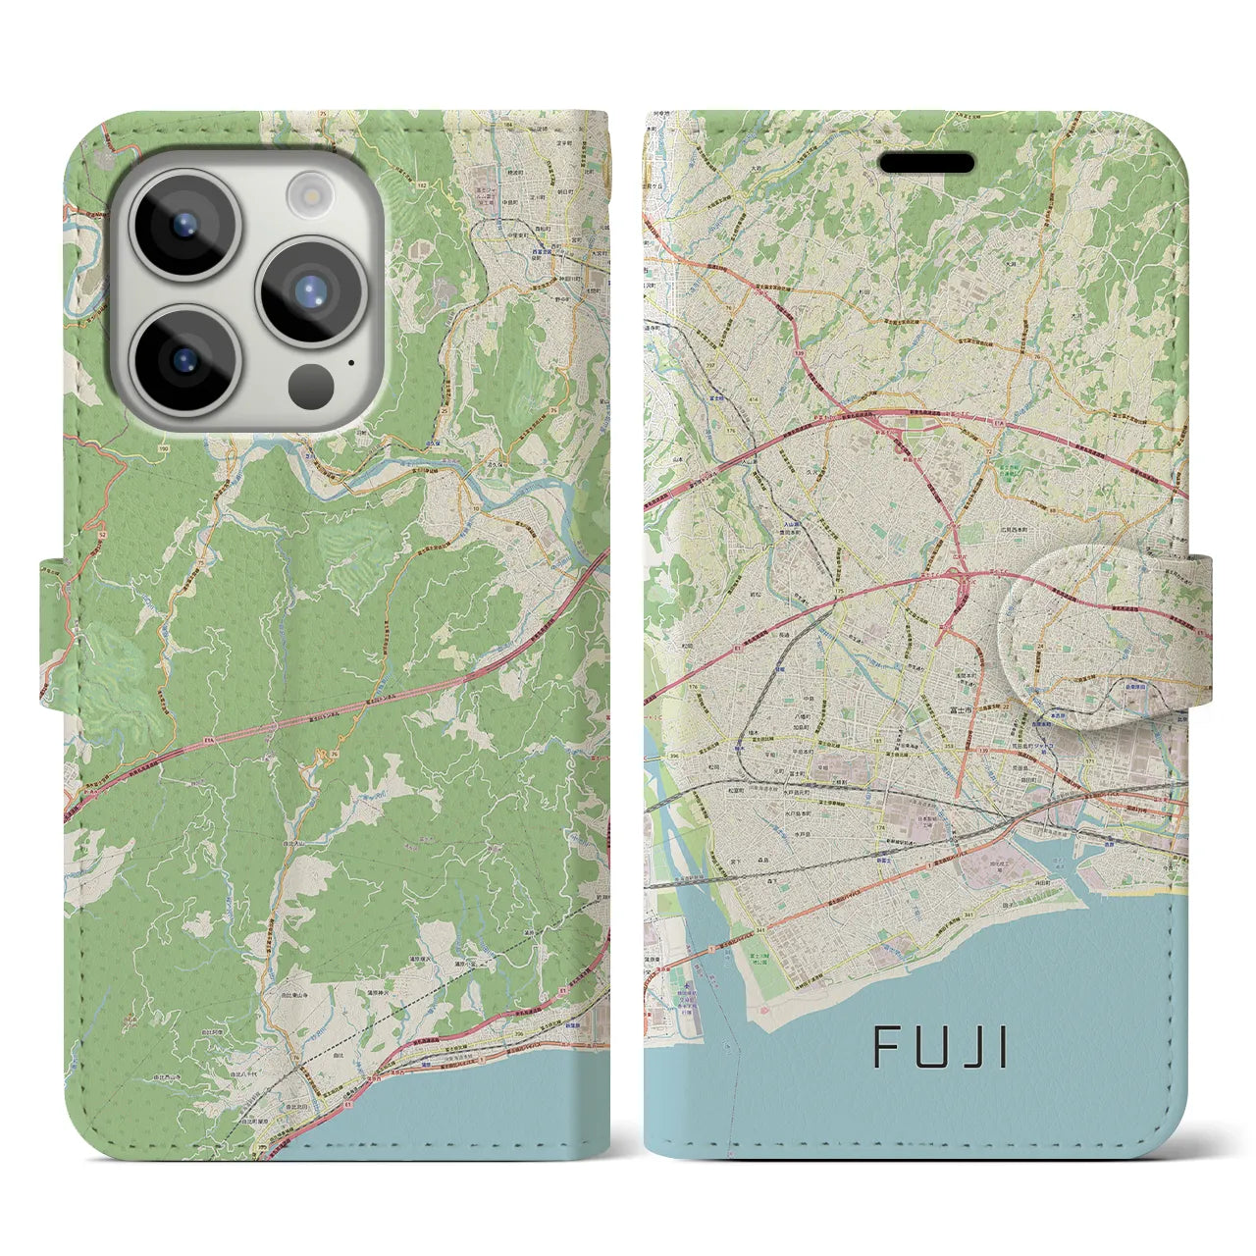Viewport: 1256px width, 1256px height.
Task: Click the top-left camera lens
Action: point(183,222)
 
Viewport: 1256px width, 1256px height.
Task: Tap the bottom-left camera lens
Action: point(183,358)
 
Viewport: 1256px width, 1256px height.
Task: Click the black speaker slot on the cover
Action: point(925,163)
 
